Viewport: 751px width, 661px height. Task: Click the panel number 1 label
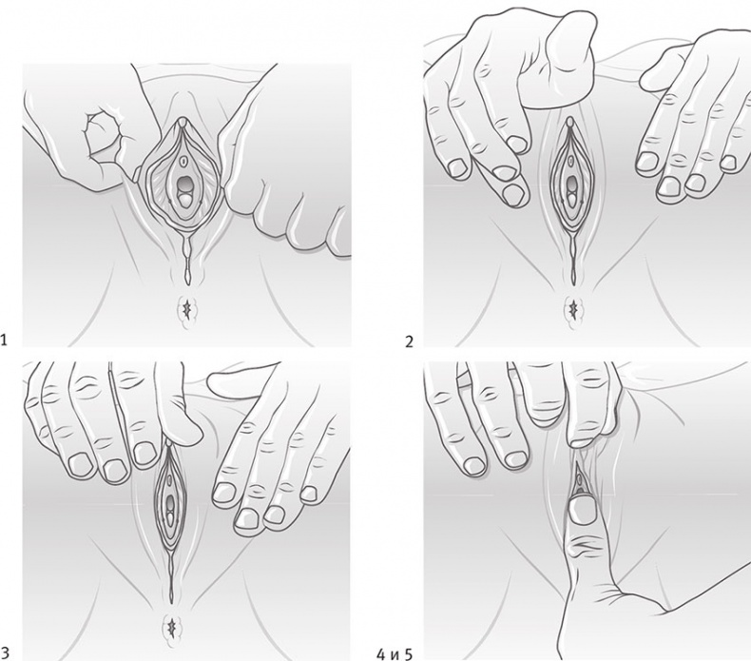[x=5, y=340]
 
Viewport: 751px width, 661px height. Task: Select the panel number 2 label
[x=409, y=341]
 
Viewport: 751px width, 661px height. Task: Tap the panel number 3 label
[x=5, y=652]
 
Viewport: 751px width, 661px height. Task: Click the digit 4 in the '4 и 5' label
[x=381, y=653]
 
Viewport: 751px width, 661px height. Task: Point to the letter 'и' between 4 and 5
[x=395, y=654]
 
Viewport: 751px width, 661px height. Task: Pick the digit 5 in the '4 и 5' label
[x=408, y=653]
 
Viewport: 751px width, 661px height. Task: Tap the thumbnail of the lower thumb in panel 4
[x=583, y=512]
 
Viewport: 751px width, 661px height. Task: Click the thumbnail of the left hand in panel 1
[x=101, y=129]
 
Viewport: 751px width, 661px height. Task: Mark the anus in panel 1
[x=185, y=312]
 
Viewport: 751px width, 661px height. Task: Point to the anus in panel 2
[x=572, y=311]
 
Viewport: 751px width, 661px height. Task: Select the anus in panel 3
[x=172, y=627]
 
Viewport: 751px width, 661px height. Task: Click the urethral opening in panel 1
[x=183, y=160]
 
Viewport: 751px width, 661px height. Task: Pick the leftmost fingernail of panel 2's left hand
[x=456, y=167]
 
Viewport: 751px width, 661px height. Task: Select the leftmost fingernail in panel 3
[x=80, y=464]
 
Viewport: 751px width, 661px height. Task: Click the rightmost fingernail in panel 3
[x=309, y=494]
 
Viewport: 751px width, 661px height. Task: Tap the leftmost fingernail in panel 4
[x=474, y=465]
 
